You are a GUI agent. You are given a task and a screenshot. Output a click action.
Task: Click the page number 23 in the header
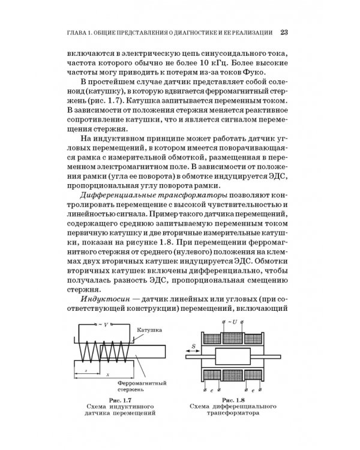(x=285, y=32)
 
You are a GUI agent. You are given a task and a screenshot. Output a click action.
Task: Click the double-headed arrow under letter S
(x=193, y=352)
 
